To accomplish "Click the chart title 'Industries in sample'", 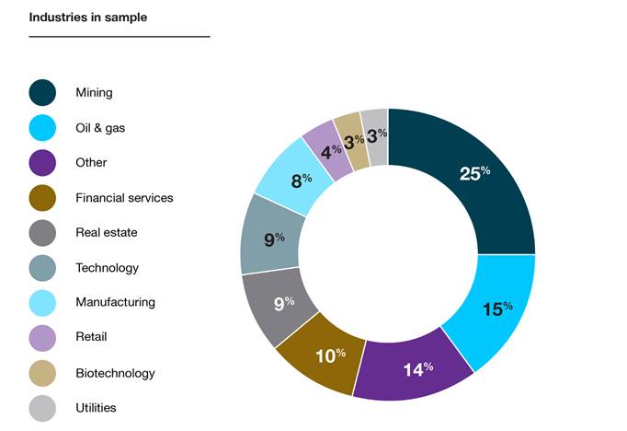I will (88, 17).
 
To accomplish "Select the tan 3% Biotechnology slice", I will (350, 140).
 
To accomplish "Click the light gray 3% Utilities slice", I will (375, 136).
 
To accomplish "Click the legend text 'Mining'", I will (95, 92).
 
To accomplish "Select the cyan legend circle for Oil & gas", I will (42, 128).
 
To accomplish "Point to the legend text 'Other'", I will (92, 162).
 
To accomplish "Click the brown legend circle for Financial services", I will (42, 198).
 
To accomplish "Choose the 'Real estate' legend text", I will (107, 232).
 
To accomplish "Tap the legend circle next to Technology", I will (42, 268).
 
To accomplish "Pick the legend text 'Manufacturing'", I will (115, 302).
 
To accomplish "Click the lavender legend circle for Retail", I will (42, 338).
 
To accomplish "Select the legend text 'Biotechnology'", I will (115, 373).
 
